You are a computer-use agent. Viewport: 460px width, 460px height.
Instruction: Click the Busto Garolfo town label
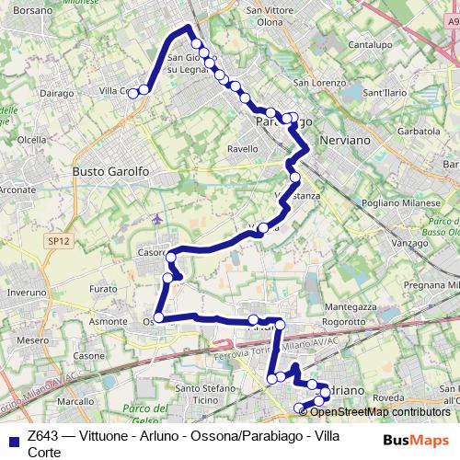click(111, 171)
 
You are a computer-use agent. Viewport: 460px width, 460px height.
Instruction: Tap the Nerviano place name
click(341, 141)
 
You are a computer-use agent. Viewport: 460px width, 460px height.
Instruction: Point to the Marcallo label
click(77, 402)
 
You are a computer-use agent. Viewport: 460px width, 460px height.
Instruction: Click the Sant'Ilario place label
click(387, 93)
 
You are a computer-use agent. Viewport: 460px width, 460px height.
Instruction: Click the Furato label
click(103, 289)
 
